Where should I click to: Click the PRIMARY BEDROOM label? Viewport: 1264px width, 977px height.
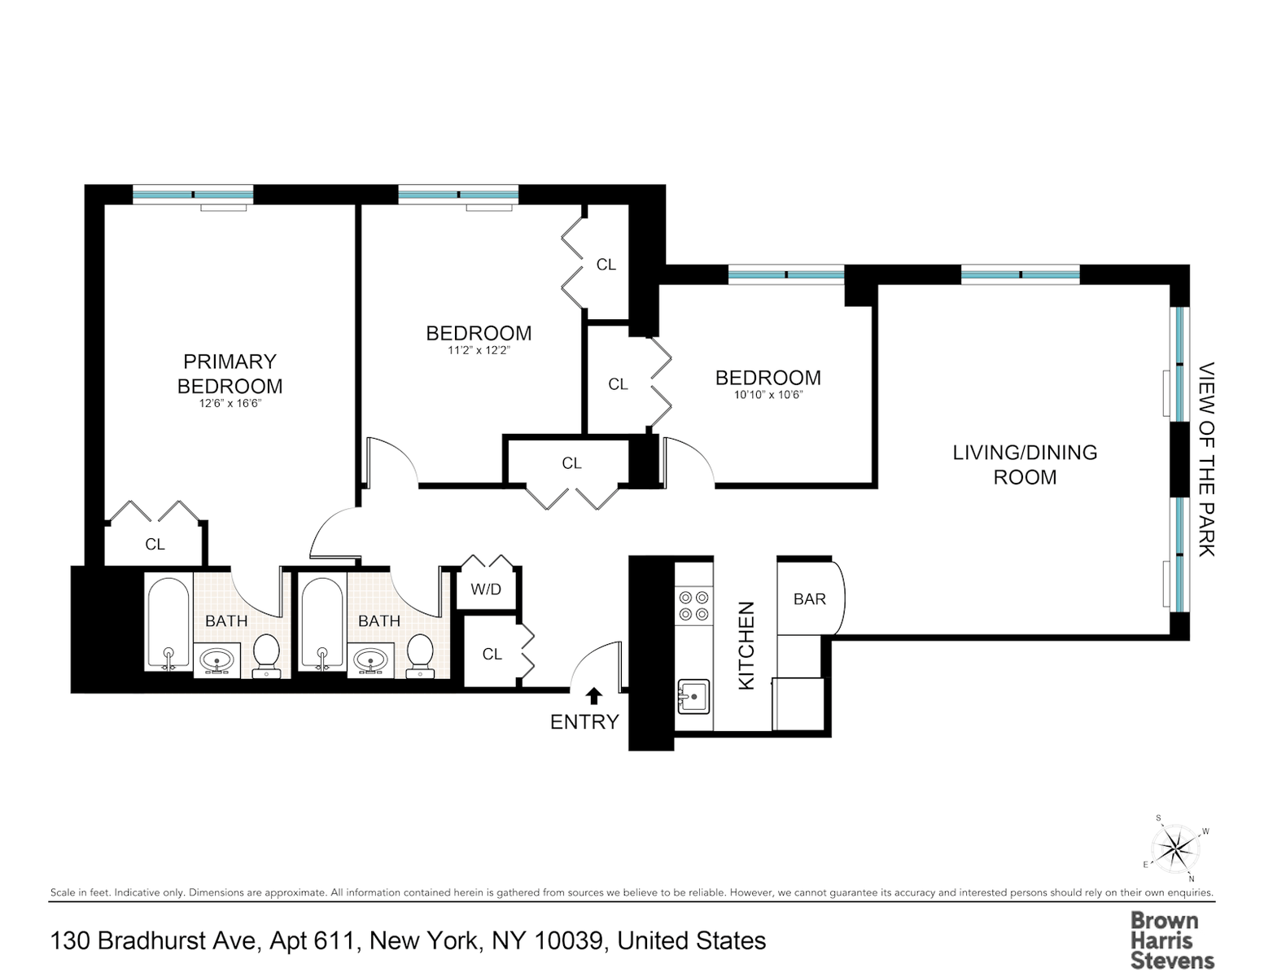[x=230, y=374]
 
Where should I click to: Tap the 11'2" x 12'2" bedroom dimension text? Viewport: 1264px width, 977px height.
[x=479, y=350]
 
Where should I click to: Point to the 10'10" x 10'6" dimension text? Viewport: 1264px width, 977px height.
[x=768, y=395]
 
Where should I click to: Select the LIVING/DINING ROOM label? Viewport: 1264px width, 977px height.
[x=1025, y=464]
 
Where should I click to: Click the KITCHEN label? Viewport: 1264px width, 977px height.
[x=746, y=646]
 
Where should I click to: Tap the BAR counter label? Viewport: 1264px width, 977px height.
[x=810, y=598]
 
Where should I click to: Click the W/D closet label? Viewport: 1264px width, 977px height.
[x=486, y=589]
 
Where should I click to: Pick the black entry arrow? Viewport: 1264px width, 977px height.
[x=594, y=696]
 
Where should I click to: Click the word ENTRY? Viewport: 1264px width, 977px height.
[x=584, y=722]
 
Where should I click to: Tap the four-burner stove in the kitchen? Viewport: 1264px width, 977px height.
[x=694, y=606]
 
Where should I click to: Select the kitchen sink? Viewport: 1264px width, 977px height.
[x=693, y=696]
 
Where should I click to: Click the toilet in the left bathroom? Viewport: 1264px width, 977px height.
[x=267, y=655]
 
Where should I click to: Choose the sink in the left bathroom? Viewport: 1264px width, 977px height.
[x=216, y=661]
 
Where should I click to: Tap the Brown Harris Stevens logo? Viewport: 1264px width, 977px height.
[x=1172, y=941]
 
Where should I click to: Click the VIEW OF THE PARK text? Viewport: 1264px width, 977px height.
[x=1206, y=459]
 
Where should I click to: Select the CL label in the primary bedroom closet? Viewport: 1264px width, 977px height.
[x=155, y=544]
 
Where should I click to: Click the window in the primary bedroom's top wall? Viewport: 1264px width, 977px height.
[x=193, y=195]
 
